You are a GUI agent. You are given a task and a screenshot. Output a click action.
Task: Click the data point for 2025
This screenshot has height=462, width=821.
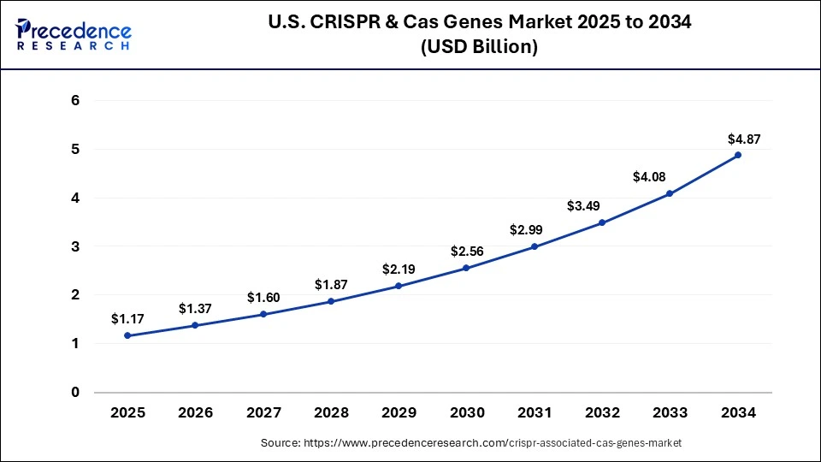(128, 335)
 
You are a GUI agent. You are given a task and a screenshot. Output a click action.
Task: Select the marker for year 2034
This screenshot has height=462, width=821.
(738, 155)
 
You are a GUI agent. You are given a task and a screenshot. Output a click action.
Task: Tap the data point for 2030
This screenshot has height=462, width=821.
(467, 268)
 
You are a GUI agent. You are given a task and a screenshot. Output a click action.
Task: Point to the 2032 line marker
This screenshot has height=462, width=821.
(602, 222)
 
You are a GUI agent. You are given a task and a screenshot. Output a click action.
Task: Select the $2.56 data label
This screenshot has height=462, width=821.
(467, 252)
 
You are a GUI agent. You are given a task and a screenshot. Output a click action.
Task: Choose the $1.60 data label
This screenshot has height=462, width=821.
(263, 297)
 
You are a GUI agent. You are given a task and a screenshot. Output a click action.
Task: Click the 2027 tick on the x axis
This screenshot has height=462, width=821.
(263, 412)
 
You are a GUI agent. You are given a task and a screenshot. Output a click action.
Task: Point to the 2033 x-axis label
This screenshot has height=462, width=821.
(670, 412)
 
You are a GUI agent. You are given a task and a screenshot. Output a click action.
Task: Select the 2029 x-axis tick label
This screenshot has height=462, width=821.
(399, 412)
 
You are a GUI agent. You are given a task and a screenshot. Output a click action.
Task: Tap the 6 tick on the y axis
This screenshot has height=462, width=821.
(75, 100)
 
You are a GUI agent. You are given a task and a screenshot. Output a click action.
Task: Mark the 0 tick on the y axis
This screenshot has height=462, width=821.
(75, 393)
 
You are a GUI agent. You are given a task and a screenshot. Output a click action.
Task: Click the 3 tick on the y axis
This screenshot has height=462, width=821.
(75, 246)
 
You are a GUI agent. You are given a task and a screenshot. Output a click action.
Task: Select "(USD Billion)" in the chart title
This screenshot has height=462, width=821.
(479, 48)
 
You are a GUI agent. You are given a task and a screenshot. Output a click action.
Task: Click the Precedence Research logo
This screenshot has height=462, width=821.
(74, 35)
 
